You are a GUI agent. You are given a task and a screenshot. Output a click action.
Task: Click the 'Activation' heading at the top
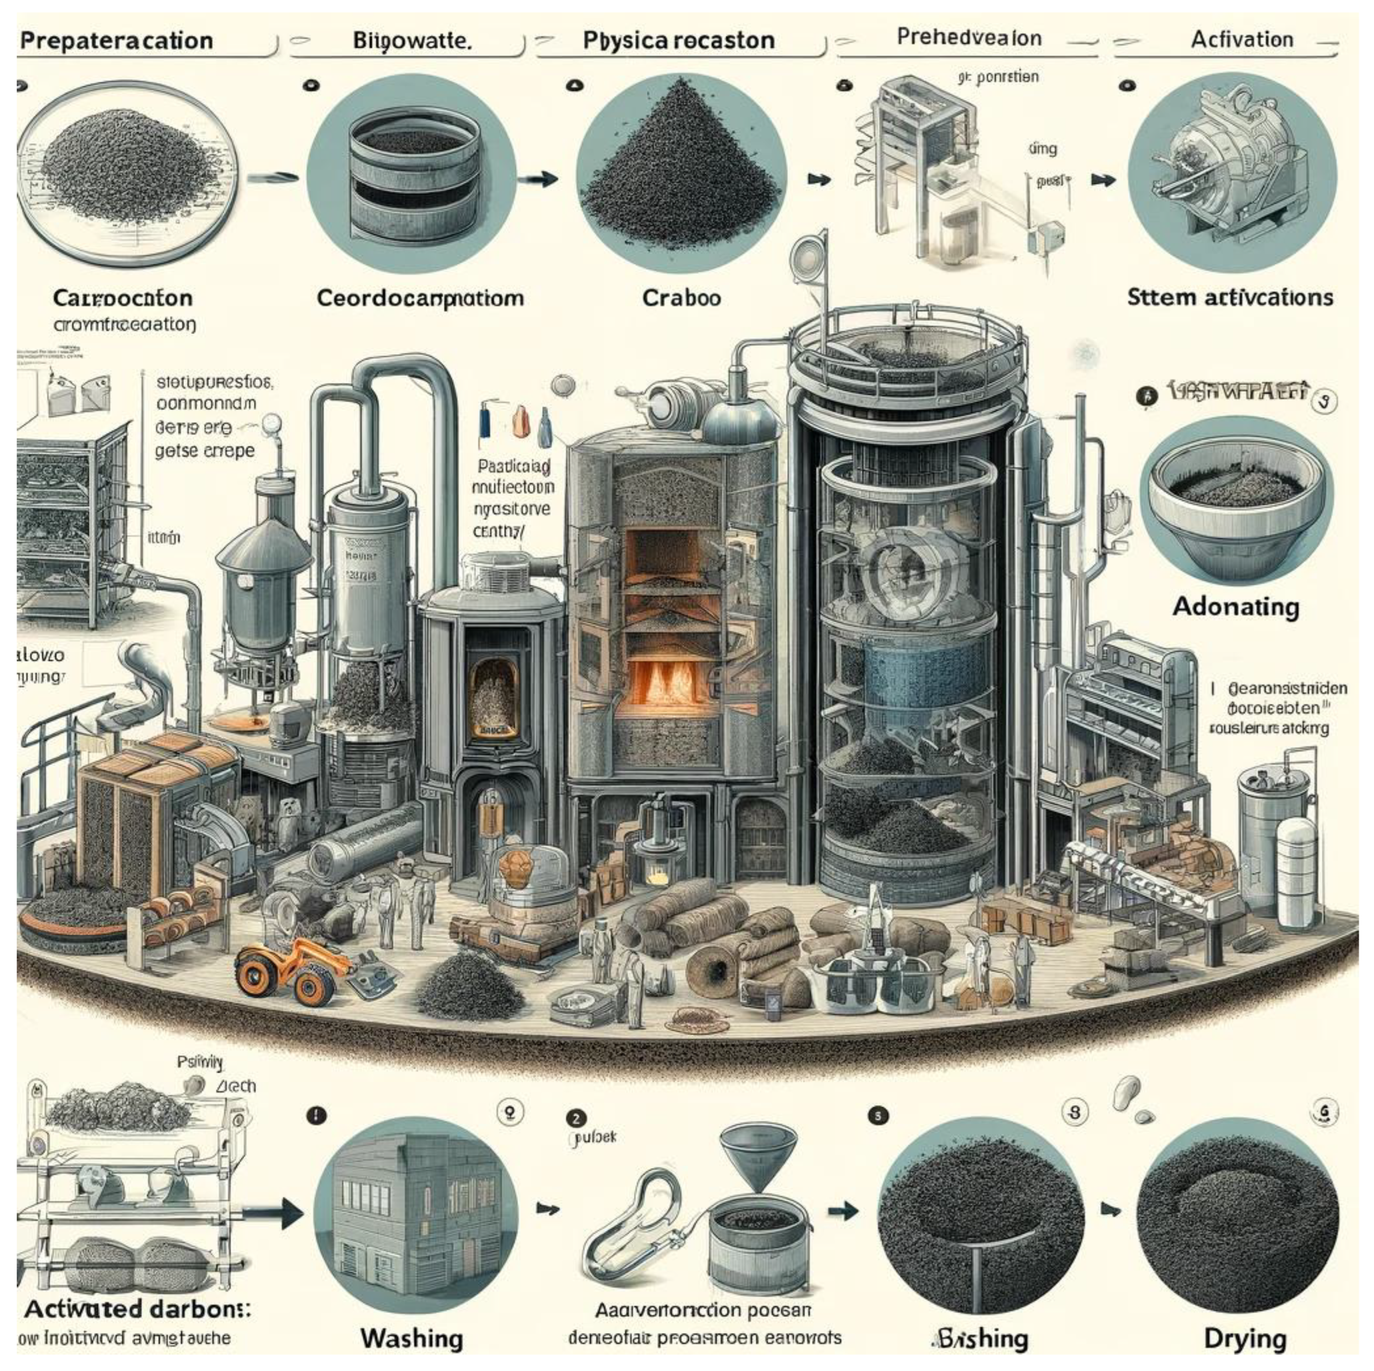1241,39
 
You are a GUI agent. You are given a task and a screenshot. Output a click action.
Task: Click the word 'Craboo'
682,297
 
